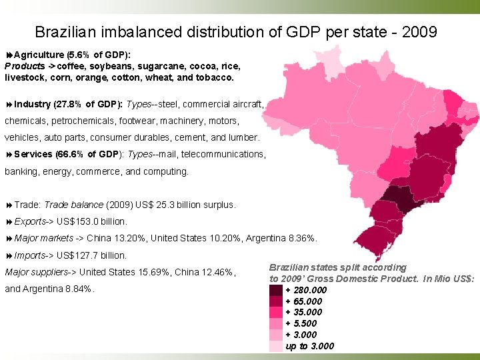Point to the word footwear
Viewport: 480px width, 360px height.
[x=137, y=121]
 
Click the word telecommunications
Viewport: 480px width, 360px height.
[x=220, y=154]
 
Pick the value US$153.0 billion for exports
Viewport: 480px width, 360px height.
[x=92, y=221]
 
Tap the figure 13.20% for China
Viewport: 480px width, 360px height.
[x=132, y=238]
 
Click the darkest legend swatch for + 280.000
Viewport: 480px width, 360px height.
[x=276, y=290]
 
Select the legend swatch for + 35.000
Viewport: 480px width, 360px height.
[x=276, y=312]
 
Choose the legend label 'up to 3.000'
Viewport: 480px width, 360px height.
[x=310, y=346]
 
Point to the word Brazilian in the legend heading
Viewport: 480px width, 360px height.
[x=291, y=267]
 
